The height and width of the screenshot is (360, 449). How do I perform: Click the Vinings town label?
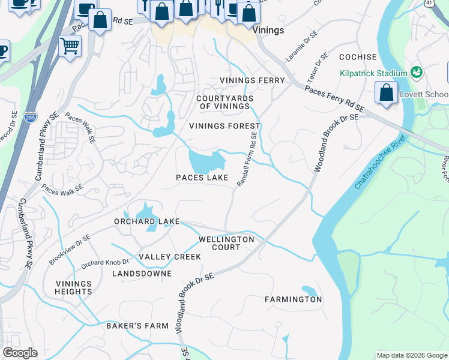click(268, 29)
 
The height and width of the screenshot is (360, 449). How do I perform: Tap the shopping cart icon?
click(70, 46)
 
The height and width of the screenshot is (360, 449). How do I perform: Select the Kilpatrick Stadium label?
click(373, 73)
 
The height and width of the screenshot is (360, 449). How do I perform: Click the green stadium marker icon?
click(417, 73)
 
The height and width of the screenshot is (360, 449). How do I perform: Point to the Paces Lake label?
click(202, 178)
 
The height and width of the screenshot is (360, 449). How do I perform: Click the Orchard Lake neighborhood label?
click(147, 222)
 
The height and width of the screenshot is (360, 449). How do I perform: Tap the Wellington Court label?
click(227, 243)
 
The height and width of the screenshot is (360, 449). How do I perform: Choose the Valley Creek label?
click(170, 257)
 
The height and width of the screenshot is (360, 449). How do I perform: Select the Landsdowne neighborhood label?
click(142, 274)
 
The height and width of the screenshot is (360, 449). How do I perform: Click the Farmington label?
click(294, 299)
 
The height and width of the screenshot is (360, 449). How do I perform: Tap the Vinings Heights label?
click(74, 287)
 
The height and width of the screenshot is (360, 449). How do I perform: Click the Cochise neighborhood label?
click(358, 58)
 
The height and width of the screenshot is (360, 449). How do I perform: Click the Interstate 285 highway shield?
click(29, 114)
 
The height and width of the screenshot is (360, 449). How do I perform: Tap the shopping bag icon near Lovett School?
click(385, 93)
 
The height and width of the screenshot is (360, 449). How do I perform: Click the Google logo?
click(20, 353)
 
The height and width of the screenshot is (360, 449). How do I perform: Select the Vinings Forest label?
click(224, 126)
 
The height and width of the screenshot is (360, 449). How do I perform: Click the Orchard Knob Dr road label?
click(105, 262)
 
